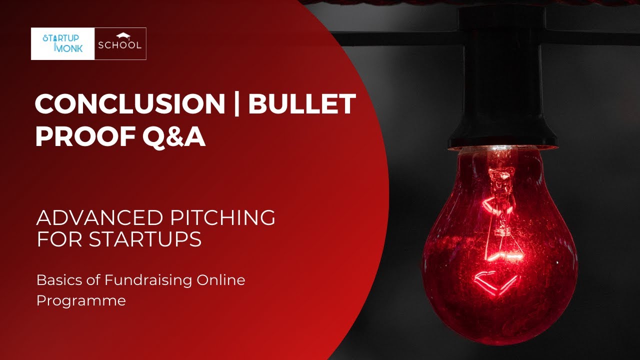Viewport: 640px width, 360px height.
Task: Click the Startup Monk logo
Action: click(x=62, y=44)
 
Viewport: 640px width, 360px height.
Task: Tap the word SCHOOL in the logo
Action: click(x=120, y=45)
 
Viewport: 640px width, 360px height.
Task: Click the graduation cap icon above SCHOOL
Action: click(x=122, y=36)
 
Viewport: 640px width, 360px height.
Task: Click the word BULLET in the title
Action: click(x=302, y=104)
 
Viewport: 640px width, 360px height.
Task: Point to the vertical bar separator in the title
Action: click(x=236, y=104)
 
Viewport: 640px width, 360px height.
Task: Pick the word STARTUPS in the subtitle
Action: click(x=145, y=240)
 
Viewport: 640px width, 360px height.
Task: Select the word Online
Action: click(x=220, y=280)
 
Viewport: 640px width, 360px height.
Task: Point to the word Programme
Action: click(x=81, y=301)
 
